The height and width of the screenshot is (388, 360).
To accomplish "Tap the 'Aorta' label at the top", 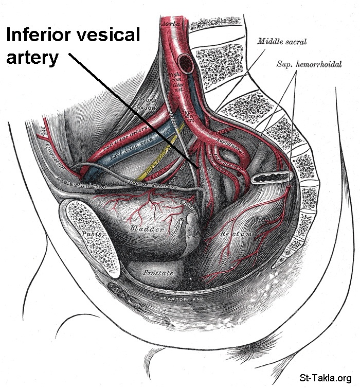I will (x=170, y=24).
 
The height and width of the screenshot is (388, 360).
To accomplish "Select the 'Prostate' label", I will (x=158, y=272).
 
